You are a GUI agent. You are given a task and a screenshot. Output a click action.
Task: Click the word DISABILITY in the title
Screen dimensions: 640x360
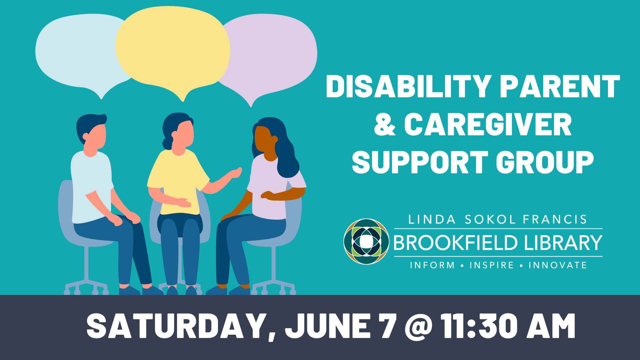(409, 86)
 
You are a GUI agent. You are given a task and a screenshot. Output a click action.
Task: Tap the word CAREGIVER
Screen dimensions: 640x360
(488, 124)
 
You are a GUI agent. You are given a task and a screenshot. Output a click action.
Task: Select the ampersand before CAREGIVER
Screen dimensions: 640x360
(385, 124)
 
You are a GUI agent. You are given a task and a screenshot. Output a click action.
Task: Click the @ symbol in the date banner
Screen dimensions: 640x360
(419, 326)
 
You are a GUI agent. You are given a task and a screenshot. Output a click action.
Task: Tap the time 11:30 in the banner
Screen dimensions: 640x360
(479, 326)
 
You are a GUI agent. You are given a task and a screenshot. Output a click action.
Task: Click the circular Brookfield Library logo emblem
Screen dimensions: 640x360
(366, 242)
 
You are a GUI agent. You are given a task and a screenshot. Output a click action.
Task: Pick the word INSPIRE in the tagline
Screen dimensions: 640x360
(492, 265)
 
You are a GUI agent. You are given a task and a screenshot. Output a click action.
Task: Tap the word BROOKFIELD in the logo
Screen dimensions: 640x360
(455, 243)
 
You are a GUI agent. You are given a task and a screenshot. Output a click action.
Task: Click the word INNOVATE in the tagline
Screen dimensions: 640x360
(558, 265)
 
